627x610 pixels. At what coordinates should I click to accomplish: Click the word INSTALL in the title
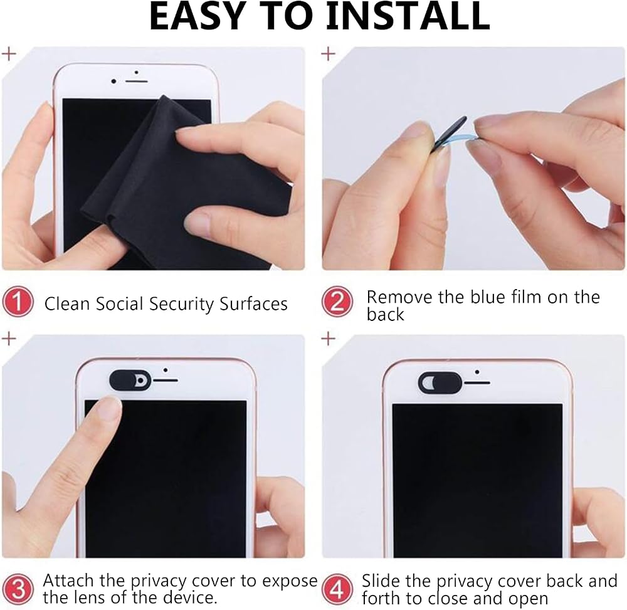click(x=408, y=16)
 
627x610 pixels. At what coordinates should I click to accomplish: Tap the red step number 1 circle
click(x=18, y=301)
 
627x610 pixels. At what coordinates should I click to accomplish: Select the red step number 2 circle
click(x=337, y=302)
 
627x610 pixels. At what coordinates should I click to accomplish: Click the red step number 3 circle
click(x=18, y=589)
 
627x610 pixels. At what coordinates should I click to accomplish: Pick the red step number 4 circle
click(x=337, y=589)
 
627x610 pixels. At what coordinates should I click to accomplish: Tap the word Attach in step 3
click(x=69, y=581)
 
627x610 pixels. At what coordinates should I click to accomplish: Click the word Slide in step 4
click(x=381, y=581)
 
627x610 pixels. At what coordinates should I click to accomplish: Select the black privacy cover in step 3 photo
click(x=130, y=380)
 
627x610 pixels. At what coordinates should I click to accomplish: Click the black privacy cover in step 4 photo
click(x=440, y=382)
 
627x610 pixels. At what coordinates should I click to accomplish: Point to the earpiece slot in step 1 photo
click(x=137, y=82)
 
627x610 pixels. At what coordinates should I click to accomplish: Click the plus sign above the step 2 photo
click(x=329, y=53)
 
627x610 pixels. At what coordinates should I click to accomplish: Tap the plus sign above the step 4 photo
click(x=329, y=339)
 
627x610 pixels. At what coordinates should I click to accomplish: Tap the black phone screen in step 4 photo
click(x=477, y=480)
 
